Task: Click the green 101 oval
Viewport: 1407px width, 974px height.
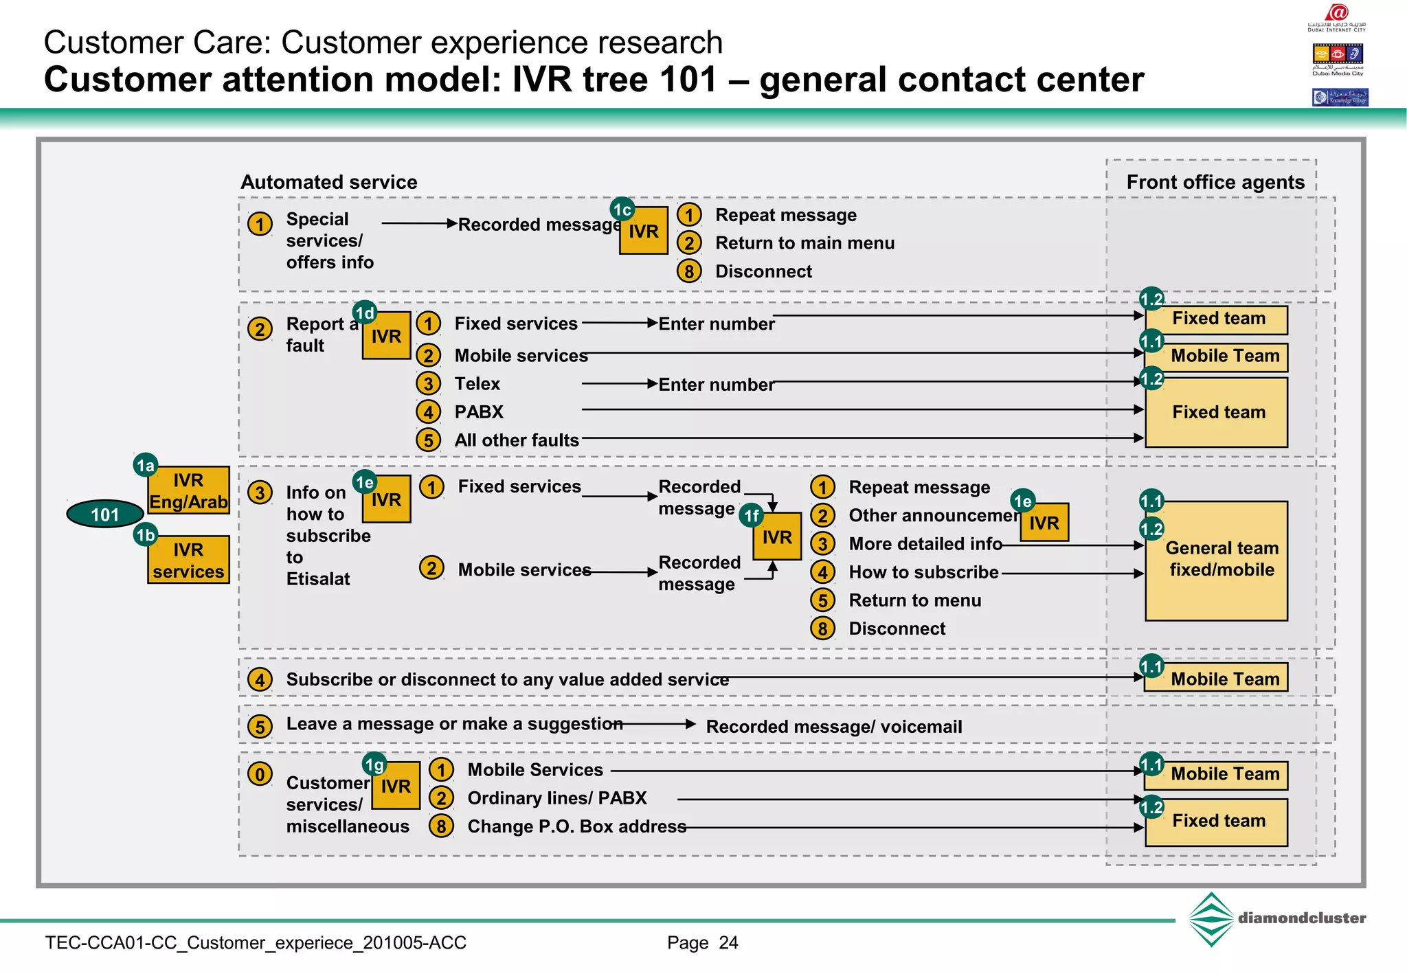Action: (104, 514)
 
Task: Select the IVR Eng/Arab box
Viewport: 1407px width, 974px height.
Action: (188, 490)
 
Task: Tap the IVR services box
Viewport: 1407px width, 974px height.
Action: (188, 560)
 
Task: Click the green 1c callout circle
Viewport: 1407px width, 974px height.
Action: (622, 209)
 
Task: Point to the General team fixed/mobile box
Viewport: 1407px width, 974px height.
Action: (1216, 560)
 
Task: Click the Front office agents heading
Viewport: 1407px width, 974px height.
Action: (1215, 182)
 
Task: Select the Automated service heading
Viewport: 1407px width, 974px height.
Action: (328, 182)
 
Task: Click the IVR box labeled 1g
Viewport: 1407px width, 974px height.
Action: (396, 786)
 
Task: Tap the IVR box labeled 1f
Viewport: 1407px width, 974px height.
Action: (777, 536)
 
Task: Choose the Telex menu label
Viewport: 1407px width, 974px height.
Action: (477, 383)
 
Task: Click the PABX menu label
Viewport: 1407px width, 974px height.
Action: (479, 411)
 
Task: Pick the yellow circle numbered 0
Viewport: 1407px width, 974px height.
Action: (260, 774)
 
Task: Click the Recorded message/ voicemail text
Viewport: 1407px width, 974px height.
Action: (833, 726)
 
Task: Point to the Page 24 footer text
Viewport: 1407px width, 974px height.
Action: (702, 942)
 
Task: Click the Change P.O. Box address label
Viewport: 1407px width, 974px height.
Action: (576, 826)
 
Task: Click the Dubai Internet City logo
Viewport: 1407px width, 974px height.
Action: (1336, 18)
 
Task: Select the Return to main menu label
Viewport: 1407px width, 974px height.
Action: (804, 242)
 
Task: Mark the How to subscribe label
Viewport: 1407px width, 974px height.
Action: (923, 571)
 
